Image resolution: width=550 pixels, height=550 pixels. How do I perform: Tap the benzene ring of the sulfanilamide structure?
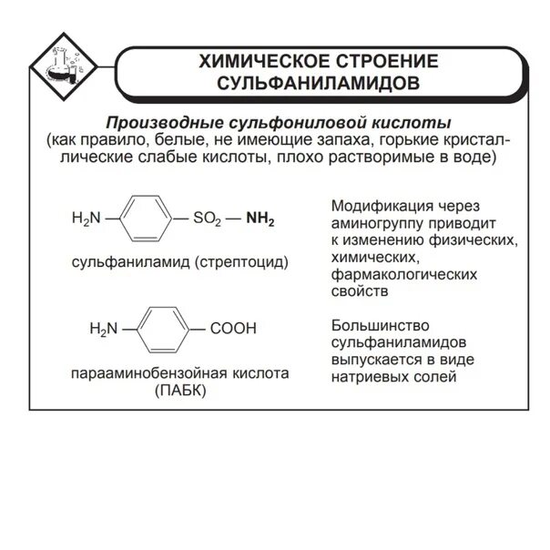[146, 219]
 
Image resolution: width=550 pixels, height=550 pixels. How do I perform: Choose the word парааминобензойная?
[150, 373]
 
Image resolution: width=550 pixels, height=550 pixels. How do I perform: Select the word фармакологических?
[392, 274]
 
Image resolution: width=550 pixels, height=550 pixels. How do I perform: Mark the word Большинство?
[373, 325]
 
